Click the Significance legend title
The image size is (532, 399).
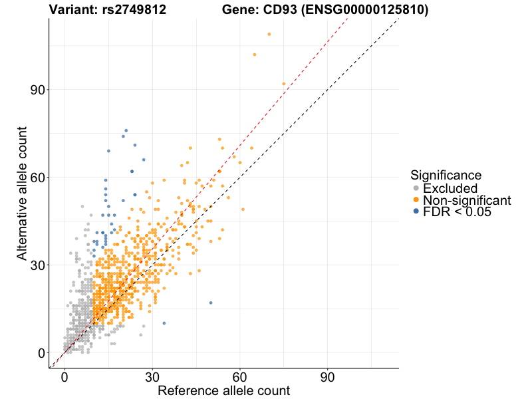pos(446,176)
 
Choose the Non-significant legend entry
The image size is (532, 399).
pos(466,200)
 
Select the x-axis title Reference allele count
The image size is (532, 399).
pos(223,390)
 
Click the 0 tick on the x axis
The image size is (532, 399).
pos(65,376)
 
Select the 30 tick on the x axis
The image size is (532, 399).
pos(152,376)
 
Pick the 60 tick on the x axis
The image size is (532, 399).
pos(240,376)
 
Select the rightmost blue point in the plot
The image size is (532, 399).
pos(211,303)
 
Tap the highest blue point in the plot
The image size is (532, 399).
pos(126,130)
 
